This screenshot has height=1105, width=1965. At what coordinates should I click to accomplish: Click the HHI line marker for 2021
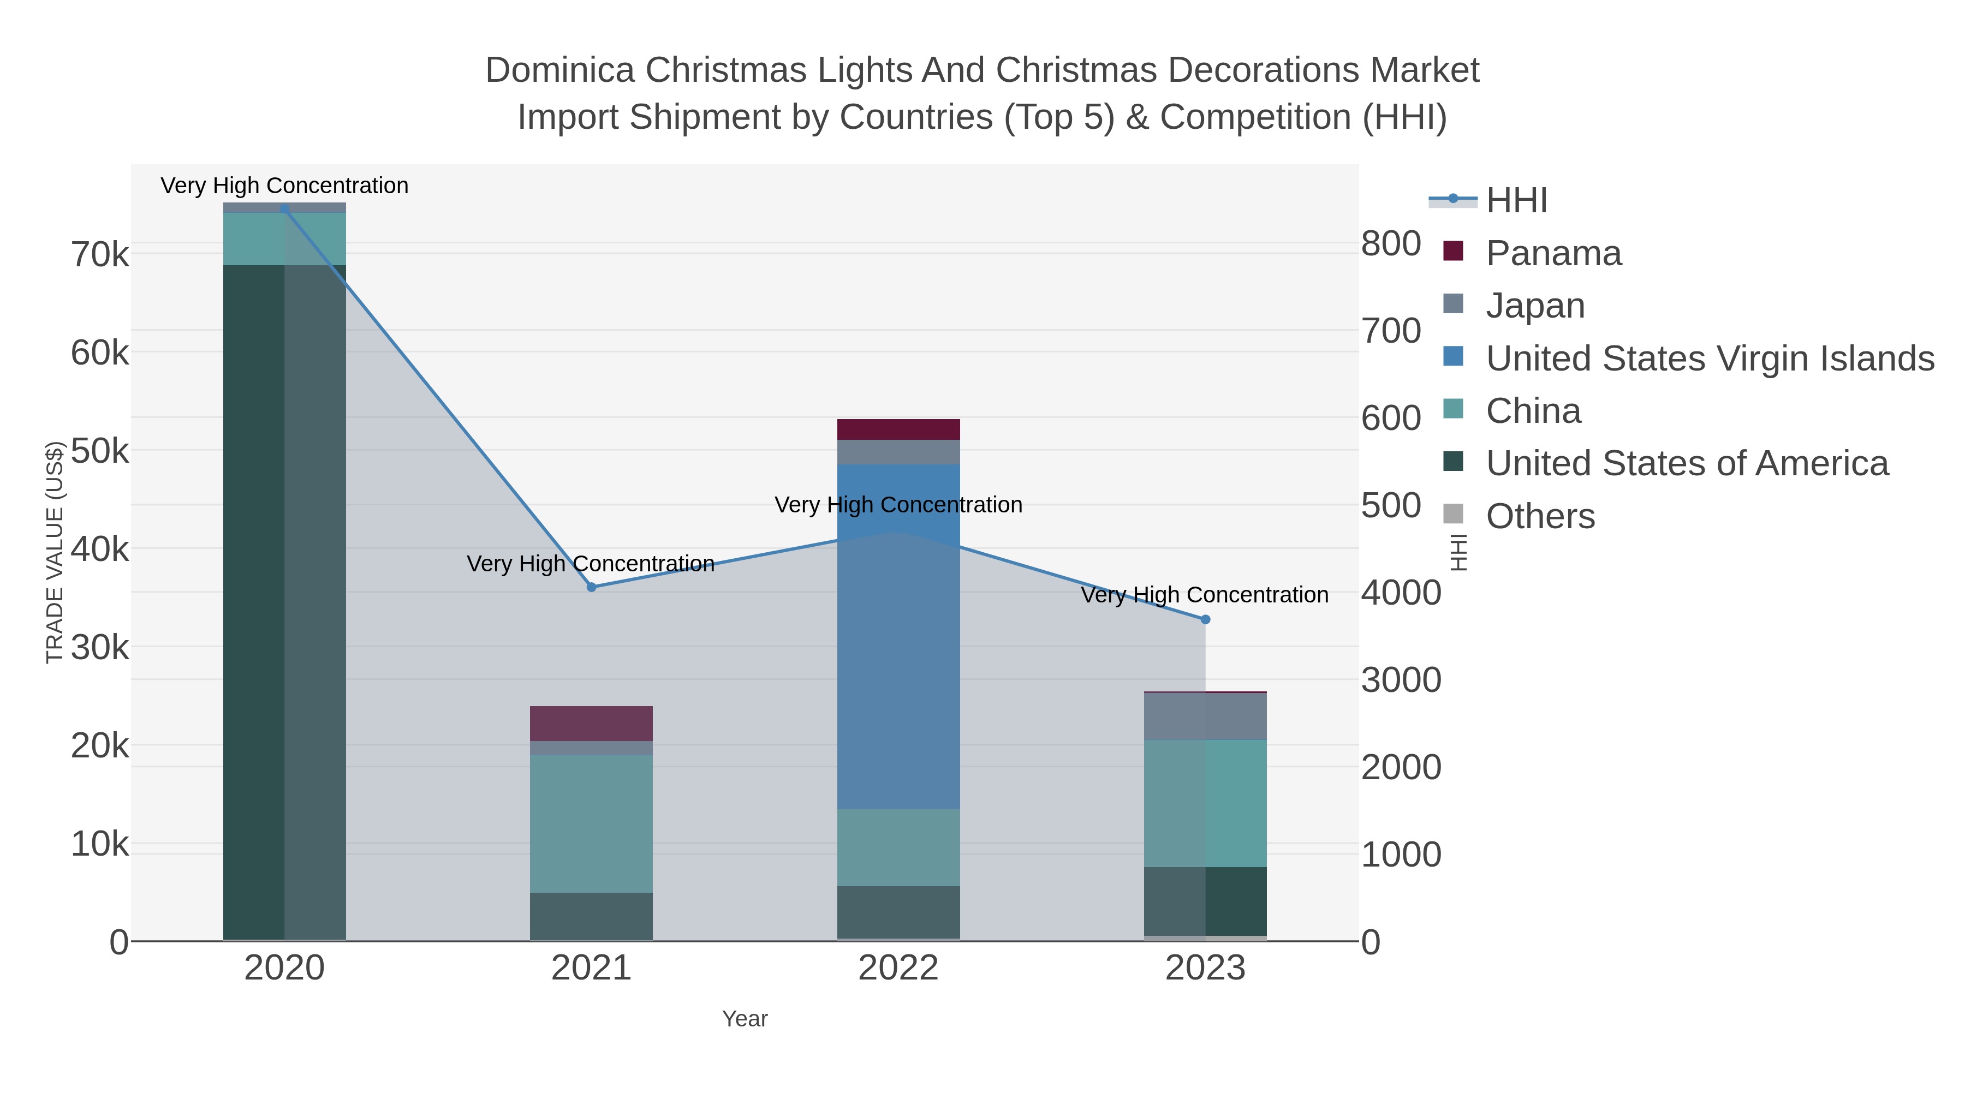click(x=591, y=587)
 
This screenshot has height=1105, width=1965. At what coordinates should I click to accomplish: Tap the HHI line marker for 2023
click(x=1205, y=620)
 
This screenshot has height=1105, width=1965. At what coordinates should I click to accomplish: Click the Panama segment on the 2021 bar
click(x=591, y=723)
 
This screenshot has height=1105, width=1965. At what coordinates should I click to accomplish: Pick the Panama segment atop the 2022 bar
click(x=898, y=429)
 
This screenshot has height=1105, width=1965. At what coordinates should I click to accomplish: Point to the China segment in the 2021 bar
click(x=591, y=823)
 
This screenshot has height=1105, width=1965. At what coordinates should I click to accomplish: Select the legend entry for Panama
click(x=1553, y=253)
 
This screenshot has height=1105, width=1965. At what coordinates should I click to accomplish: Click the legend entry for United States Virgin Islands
click(x=1708, y=359)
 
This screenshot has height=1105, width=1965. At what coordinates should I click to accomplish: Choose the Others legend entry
click(x=1539, y=516)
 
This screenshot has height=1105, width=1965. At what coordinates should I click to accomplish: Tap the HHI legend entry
click(x=1516, y=201)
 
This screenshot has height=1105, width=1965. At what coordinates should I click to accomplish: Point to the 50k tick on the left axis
click(x=100, y=451)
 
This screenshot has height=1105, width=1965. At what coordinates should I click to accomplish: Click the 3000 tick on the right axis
click(x=1401, y=680)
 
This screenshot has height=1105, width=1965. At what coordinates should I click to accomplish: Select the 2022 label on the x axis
click(x=898, y=969)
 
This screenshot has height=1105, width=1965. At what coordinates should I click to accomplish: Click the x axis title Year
click(x=745, y=1019)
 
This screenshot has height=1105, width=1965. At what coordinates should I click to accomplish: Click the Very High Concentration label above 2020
click(x=284, y=186)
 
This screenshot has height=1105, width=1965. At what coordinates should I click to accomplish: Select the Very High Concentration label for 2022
click(x=898, y=505)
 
